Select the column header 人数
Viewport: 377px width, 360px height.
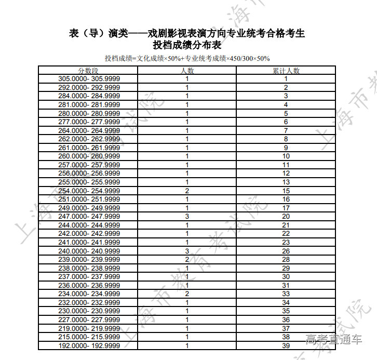coord(187,71)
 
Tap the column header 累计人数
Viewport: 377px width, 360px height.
coord(286,71)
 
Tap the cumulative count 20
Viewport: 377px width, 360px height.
coord(286,217)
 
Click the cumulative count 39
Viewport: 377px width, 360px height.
coord(286,345)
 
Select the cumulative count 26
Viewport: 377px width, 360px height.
coord(286,251)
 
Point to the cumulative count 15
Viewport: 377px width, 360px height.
coord(286,191)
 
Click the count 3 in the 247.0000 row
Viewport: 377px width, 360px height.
coord(187,217)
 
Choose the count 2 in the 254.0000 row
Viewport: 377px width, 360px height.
coord(187,191)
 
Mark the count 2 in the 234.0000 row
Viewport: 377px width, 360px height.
coord(187,294)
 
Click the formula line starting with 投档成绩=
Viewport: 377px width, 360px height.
coord(187,58)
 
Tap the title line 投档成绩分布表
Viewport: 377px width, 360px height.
coord(187,45)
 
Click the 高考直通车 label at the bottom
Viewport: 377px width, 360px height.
coord(333,340)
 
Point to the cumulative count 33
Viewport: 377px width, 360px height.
coord(286,294)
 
